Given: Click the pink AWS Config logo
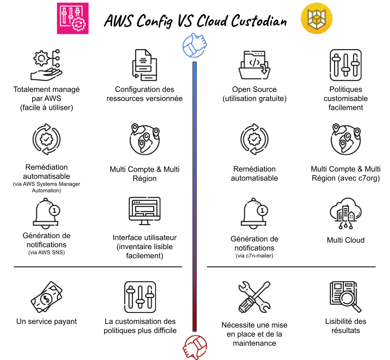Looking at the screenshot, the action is pyautogui.click(x=73, y=18).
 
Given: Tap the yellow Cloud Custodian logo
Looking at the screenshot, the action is pyautogui.click(x=316, y=18).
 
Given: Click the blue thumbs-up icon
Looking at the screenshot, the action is pyautogui.click(x=195, y=45).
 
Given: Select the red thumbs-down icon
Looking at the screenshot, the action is pyautogui.click(x=195, y=347).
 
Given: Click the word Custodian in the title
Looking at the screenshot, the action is pyautogui.click(x=259, y=21).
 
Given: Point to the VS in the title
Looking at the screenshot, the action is pyautogui.click(x=186, y=20).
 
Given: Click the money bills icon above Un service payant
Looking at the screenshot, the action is pyautogui.click(x=46, y=297).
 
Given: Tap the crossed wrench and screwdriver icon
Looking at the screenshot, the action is pyautogui.click(x=254, y=297).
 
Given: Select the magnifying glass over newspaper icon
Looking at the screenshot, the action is pyautogui.click(x=345, y=297).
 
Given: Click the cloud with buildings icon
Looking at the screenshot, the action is pyautogui.click(x=346, y=213).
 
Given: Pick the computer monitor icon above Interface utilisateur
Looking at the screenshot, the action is pyautogui.click(x=145, y=211).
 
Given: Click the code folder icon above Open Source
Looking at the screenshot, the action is pyautogui.click(x=254, y=65).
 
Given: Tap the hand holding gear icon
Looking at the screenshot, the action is pyautogui.click(x=46, y=65).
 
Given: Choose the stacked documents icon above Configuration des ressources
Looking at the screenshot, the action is pyautogui.click(x=145, y=65).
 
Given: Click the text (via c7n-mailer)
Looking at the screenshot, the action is pyautogui.click(x=254, y=256).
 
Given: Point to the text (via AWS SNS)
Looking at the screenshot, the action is pyautogui.click(x=46, y=252).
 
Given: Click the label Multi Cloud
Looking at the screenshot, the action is pyautogui.click(x=346, y=240).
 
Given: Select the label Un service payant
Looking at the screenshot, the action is pyautogui.click(x=46, y=321).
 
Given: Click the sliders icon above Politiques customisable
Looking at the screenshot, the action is pyautogui.click(x=346, y=65).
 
